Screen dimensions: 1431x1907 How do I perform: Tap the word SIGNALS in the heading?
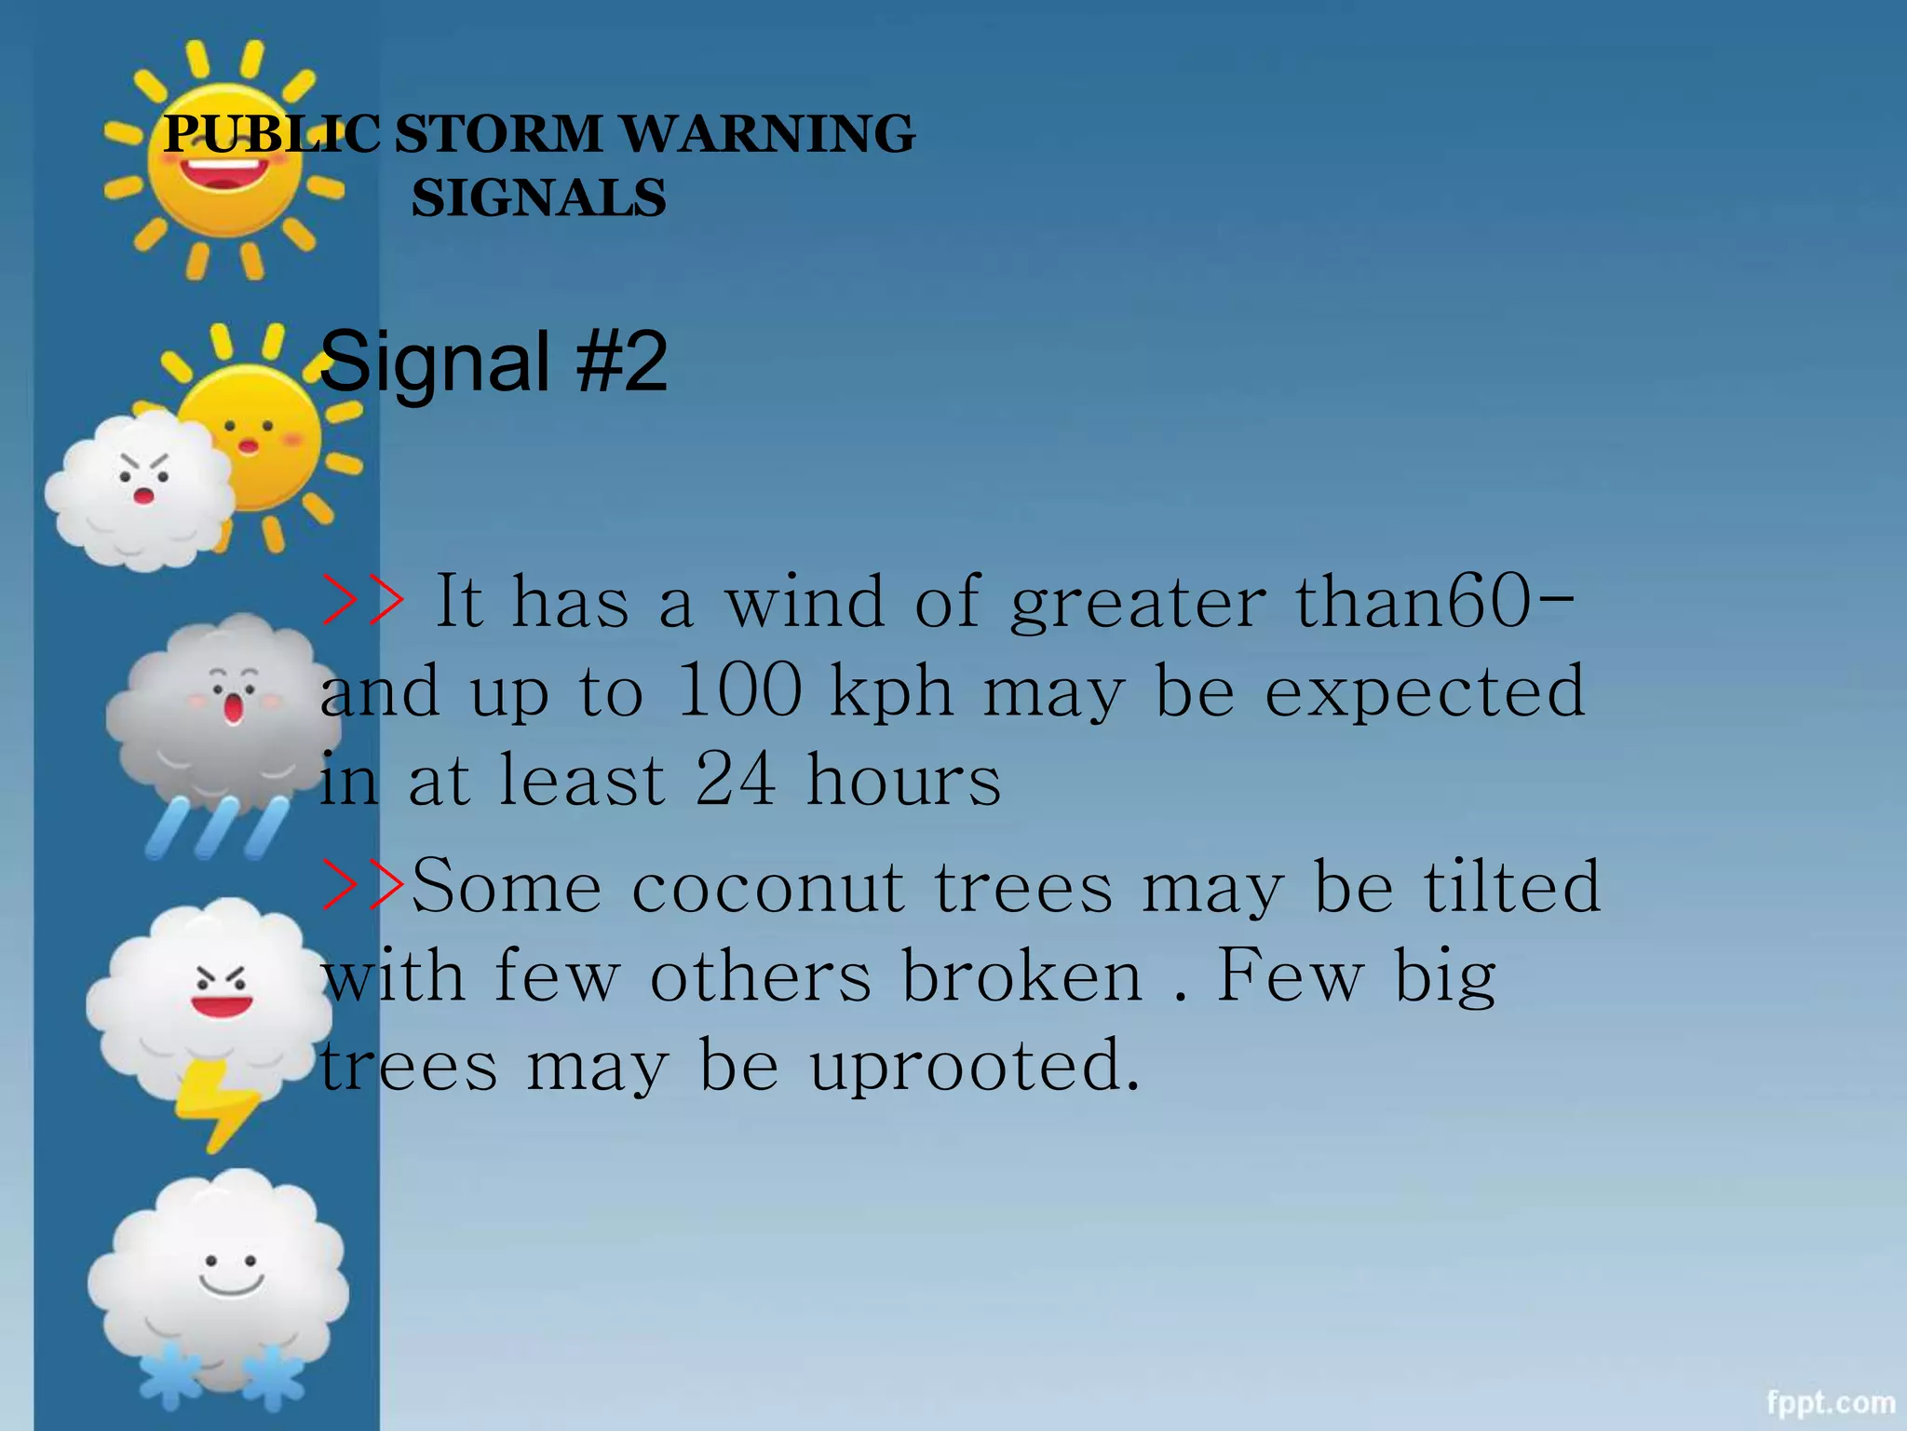[538, 198]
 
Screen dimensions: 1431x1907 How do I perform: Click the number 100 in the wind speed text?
[739, 690]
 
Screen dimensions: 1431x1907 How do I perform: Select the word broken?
[1021, 975]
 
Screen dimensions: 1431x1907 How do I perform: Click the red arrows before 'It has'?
[363, 601]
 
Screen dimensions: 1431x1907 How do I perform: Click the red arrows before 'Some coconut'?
[363, 884]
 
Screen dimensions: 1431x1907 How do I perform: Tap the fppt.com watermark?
[1831, 1402]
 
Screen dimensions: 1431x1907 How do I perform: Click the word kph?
[891, 692]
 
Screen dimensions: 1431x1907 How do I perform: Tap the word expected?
[1424, 690]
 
